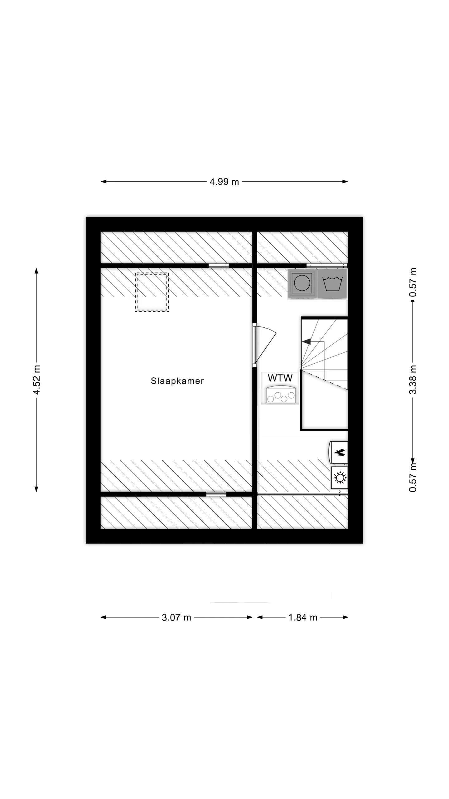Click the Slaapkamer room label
(x=177, y=381)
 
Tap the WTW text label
(x=280, y=378)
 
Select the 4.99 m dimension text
(x=224, y=182)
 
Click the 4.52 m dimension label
(x=37, y=379)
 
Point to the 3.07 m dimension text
(x=176, y=617)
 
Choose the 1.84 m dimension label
(x=302, y=617)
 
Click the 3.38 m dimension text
(x=413, y=380)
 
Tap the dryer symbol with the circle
(x=302, y=284)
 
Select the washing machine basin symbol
(x=332, y=284)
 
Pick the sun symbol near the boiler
(x=340, y=478)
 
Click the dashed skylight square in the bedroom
(x=152, y=292)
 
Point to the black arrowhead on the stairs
(x=307, y=341)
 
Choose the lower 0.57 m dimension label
(x=413, y=478)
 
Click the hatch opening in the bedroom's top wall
(x=219, y=266)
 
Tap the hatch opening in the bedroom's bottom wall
(x=216, y=494)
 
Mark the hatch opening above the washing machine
(x=326, y=266)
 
